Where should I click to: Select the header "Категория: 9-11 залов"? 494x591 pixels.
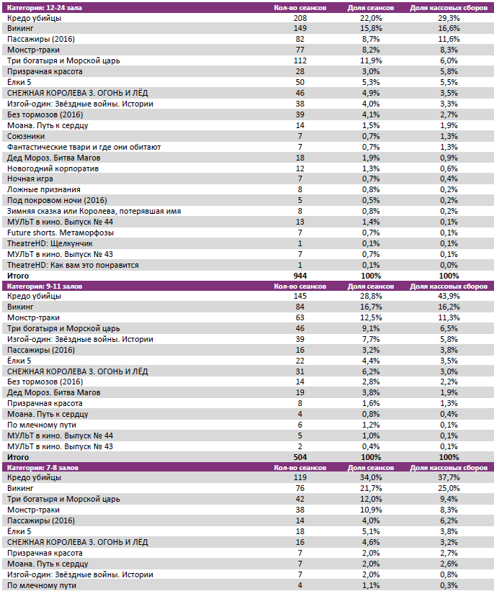[x=42, y=286]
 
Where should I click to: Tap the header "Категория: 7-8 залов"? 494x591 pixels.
[x=41, y=467]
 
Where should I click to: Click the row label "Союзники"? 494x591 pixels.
[x=26, y=136]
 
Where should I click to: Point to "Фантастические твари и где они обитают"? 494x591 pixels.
[x=84, y=147]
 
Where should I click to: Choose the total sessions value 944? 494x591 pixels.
[x=300, y=276]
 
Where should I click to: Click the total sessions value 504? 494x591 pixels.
[x=300, y=457]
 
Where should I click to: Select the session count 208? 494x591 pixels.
[x=300, y=18]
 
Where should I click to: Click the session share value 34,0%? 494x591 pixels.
[x=370, y=478]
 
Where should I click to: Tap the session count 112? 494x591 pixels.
[x=300, y=61]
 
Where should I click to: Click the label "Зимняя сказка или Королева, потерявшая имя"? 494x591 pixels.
[x=94, y=211]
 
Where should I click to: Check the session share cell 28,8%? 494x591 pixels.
[x=370, y=297]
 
